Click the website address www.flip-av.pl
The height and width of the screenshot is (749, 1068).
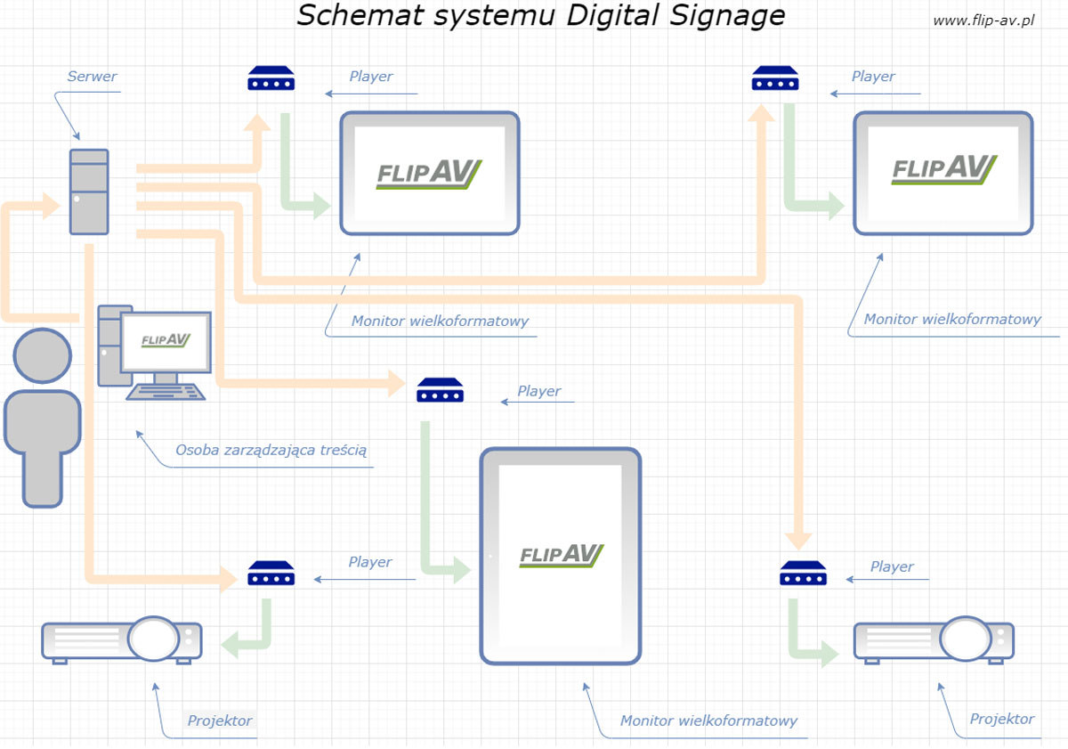pos(983,20)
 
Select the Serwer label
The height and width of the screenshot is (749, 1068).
pos(92,77)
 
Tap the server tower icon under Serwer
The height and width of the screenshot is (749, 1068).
pos(89,191)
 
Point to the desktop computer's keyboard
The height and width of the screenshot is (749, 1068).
pos(166,390)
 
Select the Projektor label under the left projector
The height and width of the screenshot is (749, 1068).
pos(220,721)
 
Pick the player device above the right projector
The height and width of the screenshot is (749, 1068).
pos(803,574)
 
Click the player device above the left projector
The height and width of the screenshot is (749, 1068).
pos(271,574)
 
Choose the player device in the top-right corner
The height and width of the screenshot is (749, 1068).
pos(774,78)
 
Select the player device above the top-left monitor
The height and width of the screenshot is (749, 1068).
pos(271,78)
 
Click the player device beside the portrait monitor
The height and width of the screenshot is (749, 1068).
pos(440,390)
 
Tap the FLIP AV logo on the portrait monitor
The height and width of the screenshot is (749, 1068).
pos(562,556)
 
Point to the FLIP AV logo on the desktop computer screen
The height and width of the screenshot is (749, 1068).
pos(166,340)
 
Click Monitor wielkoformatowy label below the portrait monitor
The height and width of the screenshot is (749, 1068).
pos(708,721)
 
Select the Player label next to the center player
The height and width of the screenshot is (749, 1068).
pos(539,391)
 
